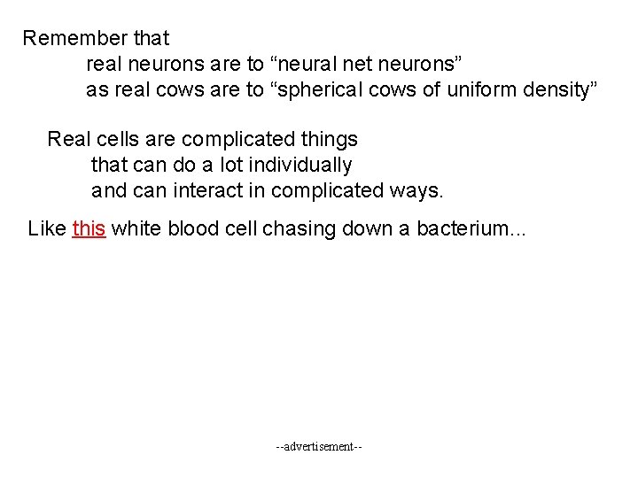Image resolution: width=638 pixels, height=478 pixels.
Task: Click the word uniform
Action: tap(483, 90)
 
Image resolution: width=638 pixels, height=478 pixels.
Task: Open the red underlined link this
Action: tap(89, 229)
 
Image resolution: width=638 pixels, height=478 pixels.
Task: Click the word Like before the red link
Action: tap(47, 229)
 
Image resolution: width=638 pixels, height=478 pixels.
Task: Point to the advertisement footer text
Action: tap(319, 447)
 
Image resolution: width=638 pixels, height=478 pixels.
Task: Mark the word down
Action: tap(369, 229)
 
